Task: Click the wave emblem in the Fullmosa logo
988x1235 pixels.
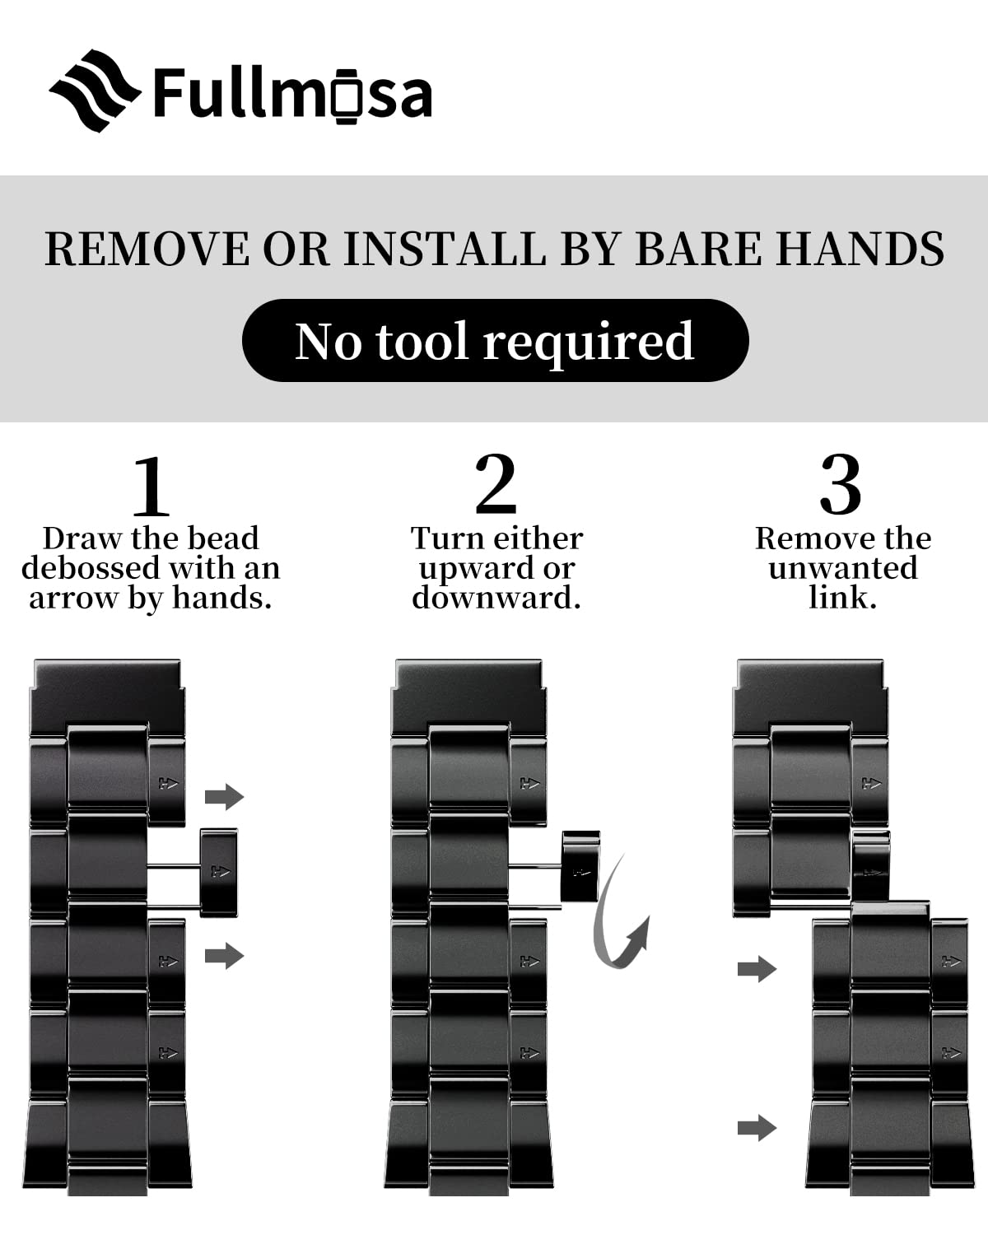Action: (x=95, y=91)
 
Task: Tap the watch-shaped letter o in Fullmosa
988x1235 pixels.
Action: (x=347, y=96)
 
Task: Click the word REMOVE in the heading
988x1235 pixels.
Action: (x=147, y=249)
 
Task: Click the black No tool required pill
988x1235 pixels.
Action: (x=496, y=340)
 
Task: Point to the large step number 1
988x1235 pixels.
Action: (x=151, y=486)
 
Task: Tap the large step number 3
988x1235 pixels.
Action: (x=841, y=484)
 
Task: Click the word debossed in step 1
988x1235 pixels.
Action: (x=91, y=568)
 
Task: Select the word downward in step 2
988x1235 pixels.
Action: (x=496, y=598)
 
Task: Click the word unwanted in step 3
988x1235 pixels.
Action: (x=843, y=568)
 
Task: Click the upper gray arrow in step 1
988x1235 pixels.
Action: (x=225, y=796)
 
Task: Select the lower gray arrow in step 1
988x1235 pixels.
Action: (x=225, y=956)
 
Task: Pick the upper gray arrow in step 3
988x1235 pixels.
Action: (x=757, y=969)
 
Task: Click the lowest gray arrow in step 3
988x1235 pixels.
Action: (x=757, y=1128)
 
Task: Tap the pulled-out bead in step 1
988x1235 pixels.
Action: (x=219, y=872)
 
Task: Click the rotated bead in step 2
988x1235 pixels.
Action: (x=580, y=866)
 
